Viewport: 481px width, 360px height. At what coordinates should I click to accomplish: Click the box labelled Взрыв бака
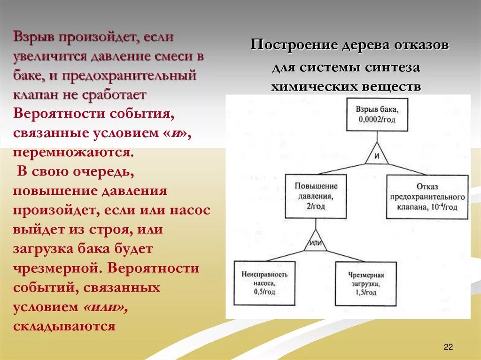pos(377,114)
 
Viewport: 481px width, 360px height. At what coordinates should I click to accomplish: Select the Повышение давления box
pos(316,196)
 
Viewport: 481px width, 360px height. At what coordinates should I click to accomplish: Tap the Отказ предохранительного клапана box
pos(427,197)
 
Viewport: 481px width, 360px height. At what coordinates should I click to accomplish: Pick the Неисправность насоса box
pos(264,283)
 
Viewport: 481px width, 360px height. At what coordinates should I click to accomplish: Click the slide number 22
pos(448,347)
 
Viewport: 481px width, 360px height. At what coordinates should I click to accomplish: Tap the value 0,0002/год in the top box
pos(378,119)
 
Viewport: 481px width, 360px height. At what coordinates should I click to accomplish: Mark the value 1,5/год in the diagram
pos(366,292)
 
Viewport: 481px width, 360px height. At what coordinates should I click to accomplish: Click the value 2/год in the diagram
pos(316,206)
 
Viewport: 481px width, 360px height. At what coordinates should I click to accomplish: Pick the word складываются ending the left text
pos(64,326)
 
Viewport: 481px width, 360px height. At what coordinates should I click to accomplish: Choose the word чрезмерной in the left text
pos(56,268)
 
